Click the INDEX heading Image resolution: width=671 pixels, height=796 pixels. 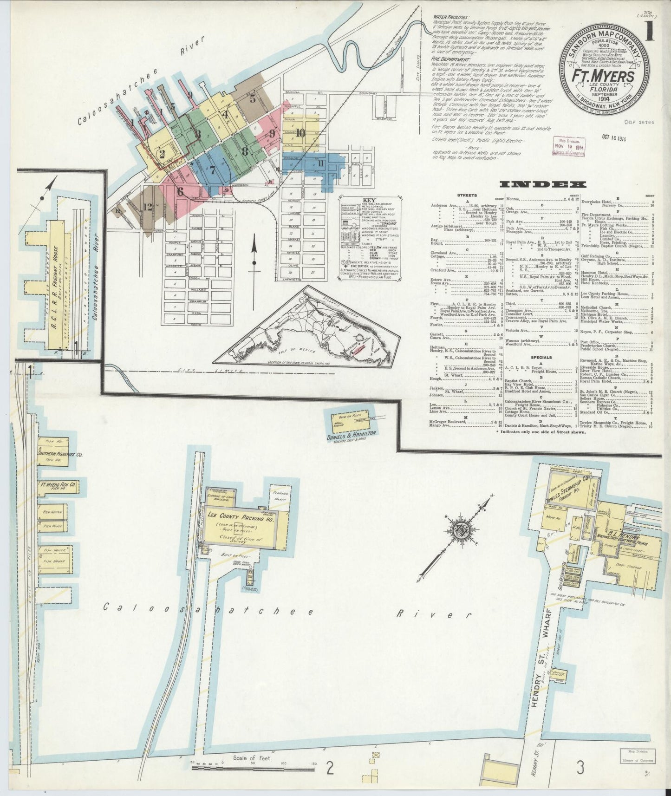pyautogui.click(x=543, y=185)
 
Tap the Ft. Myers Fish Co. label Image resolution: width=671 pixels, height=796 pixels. pyautogui.click(x=57, y=485)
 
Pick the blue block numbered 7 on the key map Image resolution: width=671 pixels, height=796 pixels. pyautogui.click(x=212, y=169)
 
